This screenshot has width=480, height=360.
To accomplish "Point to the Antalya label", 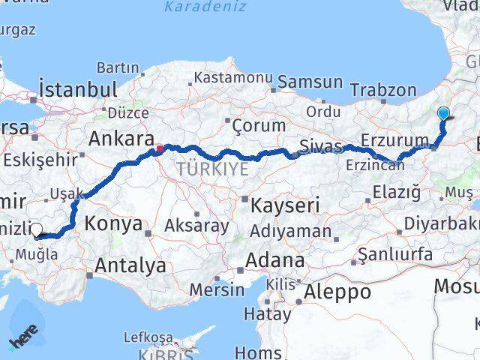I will click(130, 265).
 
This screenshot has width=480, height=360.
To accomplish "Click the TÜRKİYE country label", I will click(212, 169).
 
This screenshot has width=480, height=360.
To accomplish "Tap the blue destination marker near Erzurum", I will click(443, 114).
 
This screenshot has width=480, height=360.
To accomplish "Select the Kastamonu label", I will click(222, 77).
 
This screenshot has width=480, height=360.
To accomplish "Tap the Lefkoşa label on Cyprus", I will click(147, 337).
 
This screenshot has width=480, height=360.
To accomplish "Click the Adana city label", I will click(277, 261).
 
